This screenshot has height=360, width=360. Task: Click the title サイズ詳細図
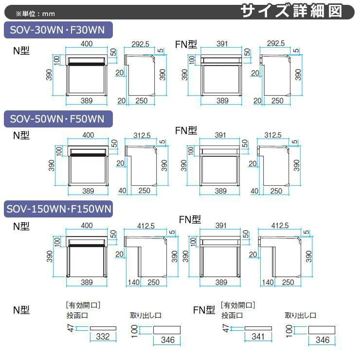click(298, 11)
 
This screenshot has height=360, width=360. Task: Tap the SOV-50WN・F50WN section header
click(57, 119)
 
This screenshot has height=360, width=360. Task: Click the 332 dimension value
click(103, 336)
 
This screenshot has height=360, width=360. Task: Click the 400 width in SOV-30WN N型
click(87, 44)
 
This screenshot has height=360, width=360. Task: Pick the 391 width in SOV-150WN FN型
click(221, 225)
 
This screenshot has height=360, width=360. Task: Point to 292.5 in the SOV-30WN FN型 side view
click(276, 44)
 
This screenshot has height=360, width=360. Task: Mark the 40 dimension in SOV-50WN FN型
click(254, 191)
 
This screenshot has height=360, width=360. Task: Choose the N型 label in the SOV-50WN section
click(21, 135)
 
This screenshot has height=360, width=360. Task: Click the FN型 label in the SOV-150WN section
click(189, 219)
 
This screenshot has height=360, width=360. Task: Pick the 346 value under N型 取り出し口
click(167, 340)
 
